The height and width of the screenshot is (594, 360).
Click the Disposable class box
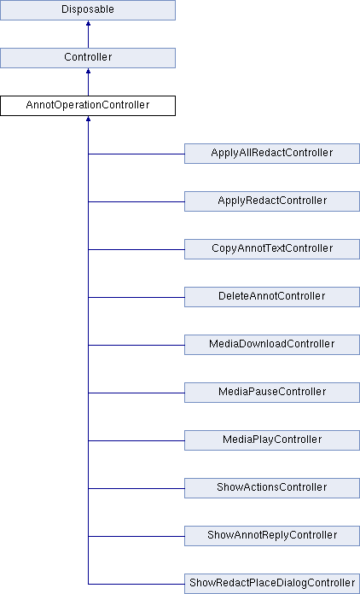coord(88,10)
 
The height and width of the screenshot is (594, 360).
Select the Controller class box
coord(88,57)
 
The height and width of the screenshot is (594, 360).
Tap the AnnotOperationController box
coord(88,105)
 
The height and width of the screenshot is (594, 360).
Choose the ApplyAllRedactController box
coord(272,154)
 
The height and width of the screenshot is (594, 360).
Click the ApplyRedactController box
coord(272,201)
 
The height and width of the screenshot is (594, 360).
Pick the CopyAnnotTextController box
coord(272,249)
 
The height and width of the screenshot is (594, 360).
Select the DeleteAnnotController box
coord(272,297)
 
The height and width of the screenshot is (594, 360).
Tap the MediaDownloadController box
coord(272,344)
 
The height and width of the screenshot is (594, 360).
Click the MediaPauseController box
coord(272,392)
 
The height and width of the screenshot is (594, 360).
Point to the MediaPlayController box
coord(272,440)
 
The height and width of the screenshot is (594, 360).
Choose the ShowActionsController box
coord(272,487)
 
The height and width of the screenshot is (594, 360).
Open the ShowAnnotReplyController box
coord(272,535)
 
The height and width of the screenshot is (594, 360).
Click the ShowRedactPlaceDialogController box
coord(272,584)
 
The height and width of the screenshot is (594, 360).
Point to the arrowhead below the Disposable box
coord(88,23)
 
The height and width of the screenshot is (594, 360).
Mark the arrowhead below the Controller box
coord(88,71)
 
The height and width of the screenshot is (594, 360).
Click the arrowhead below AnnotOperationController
coord(88,119)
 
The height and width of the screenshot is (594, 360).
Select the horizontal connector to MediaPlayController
coord(136,440)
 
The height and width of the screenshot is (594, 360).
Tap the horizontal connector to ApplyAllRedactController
coord(136,154)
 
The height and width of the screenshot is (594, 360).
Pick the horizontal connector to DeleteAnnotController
coord(136,297)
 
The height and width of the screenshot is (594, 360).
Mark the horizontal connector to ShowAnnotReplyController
coord(136,536)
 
